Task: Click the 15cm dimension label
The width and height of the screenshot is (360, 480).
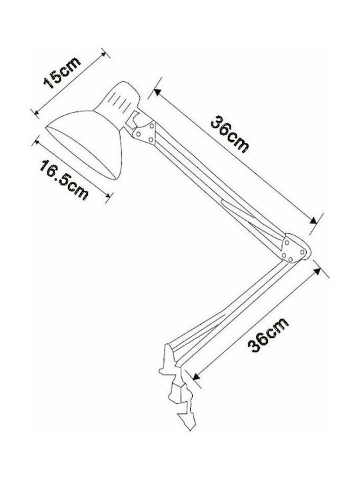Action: [63, 73]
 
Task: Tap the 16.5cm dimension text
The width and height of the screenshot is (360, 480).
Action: [64, 180]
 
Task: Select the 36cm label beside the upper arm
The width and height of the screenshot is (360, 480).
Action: [229, 134]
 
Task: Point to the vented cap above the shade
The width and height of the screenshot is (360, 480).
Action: [118, 98]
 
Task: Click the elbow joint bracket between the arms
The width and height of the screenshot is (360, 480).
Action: [295, 249]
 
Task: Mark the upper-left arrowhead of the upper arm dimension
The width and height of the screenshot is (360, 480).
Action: [157, 91]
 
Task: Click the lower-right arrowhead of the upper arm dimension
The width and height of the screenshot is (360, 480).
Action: [313, 221]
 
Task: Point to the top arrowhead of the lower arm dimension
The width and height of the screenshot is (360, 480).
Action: [317, 272]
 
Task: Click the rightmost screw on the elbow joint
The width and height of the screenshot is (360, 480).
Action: [303, 251]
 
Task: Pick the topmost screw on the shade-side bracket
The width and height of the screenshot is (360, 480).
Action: [151, 125]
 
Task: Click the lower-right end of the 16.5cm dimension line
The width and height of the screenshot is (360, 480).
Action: [109, 197]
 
